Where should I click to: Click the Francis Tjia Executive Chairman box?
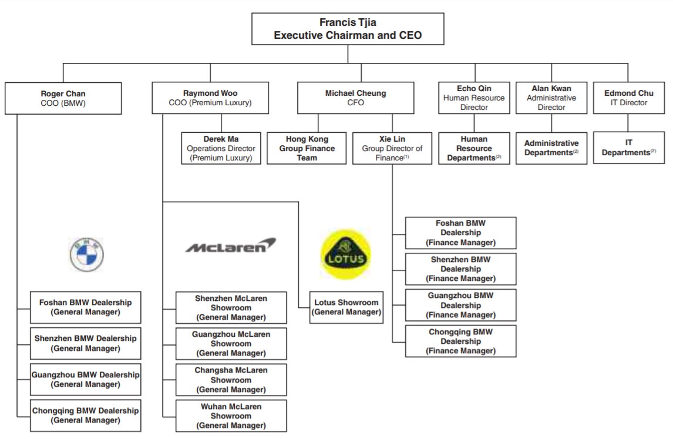pyautogui.click(x=348, y=29)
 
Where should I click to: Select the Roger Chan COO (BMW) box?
pyautogui.click(x=63, y=98)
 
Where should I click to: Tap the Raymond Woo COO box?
pyautogui.click(x=210, y=98)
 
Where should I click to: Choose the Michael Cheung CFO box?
pyautogui.click(x=356, y=98)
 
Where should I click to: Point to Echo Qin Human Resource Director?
pyautogui.click(x=474, y=98)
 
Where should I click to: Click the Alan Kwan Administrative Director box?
pyautogui.click(x=551, y=98)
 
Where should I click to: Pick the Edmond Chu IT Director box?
pyautogui.click(x=628, y=98)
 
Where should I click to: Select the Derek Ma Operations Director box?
pyautogui.click(x=221, y=148)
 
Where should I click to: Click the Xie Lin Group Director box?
pyautogui.click(x=392, y=148)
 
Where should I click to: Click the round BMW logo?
pyautogui.click(x=86, y=255)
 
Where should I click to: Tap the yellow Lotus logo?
pyautogui.click(x=345, y=255)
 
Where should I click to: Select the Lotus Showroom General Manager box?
pyautogui.click(x=346, y=307)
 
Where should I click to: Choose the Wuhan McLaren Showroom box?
pyautogui.click(x=231, y=416)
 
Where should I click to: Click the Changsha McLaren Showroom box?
pyautogui.click(x=231, y=380)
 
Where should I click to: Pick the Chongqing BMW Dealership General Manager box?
pyautogui.click(x=86, y=415)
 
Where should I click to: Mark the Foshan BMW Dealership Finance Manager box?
pyautogui.click(x=460, y=233)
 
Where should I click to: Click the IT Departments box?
pyautogui.click(x=628, y=148)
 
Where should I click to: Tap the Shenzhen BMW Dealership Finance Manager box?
pyautogui.click(x=460, y=269)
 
